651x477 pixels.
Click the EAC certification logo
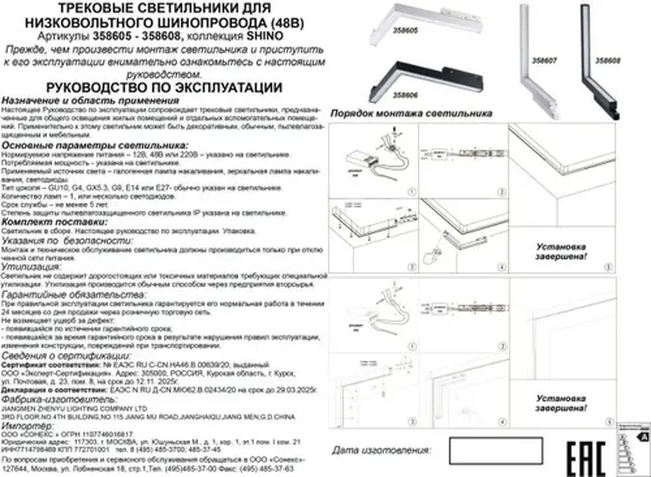click(x=586, y=458)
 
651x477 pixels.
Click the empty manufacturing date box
click(x=496, y=451)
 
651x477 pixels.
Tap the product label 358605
click(x=405, y=30)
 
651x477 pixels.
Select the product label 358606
click(x=405, y=95)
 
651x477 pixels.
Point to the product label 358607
click(x=544, y=61)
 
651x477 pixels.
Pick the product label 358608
click(x=607, y=61)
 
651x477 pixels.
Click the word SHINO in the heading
click(x=265, y=36)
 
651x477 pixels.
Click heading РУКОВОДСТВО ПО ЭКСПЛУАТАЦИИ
click(x=164, y=88)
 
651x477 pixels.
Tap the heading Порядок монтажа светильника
click(x=411, y=113)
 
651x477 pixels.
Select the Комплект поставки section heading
click(x=55, y=222)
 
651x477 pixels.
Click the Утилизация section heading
click(x=31, y=266)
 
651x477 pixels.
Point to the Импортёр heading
click(x=27, y=426)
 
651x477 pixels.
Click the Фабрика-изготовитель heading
click(x=59, y=399)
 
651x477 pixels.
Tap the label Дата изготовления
click(x=382, y=450)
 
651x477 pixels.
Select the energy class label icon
click(x=634, y=447)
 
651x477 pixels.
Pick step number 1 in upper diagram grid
click(x=412, y=192)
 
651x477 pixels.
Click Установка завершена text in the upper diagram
click(x=561, y=252)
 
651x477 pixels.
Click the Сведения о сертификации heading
click(x=66, y=356)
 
